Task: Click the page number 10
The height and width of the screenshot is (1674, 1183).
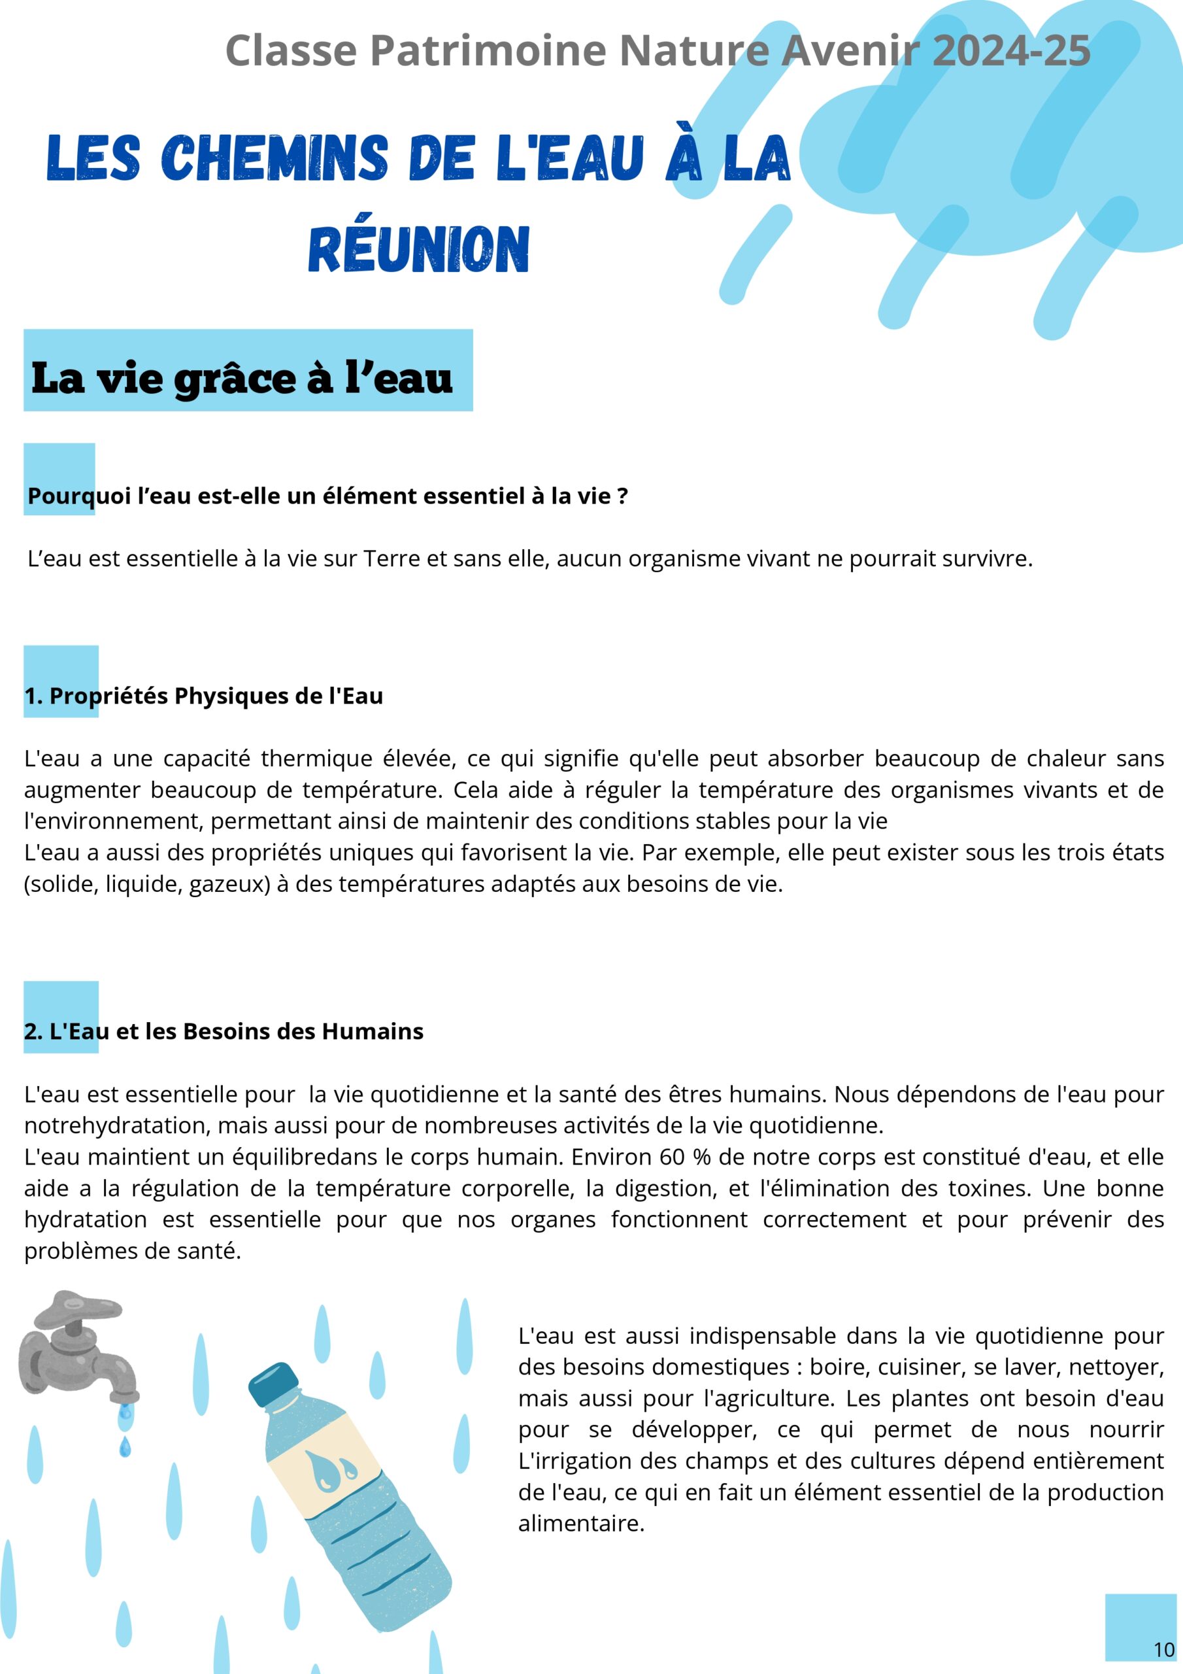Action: pyautogui.click(x=1164, y=1649)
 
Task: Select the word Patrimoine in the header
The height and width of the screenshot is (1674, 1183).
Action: pyautogui.click(x=488, y=51)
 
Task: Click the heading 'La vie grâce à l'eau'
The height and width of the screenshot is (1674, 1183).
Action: pyautogui.click(x=242, y=379)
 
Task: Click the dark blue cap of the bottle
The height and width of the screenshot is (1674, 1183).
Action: pyautogui.click(x=274, y=1384)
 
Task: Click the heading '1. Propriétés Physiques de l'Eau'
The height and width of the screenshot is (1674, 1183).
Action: pyautogui.click(x=203, y=696)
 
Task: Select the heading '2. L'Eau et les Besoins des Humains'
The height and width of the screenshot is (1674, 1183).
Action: pyautogui.click(x=224, y=1032)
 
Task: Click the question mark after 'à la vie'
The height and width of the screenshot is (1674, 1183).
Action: pyautogui.click(x=622, y=496)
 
